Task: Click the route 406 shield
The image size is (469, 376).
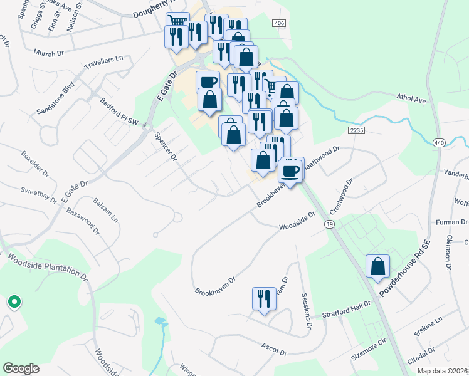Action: pyautogui.click(x=279, y=23)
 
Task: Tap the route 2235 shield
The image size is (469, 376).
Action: pyautogui.click(x=356, y=129)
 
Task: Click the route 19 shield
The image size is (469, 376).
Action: pyautogui.click(x=329, y=223)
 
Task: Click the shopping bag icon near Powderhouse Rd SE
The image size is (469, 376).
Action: pyautogui.click(x=378, y=267)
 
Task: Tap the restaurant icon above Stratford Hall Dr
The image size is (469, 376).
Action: pyautogui.click(x=263, y=298)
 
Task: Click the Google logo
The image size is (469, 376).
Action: pyautogui.click(x=21, y=368)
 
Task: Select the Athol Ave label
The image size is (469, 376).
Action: pyautogui.click(x=411, y=99)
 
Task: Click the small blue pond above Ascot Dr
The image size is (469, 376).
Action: pyautogui.click(x=161, y=322)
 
